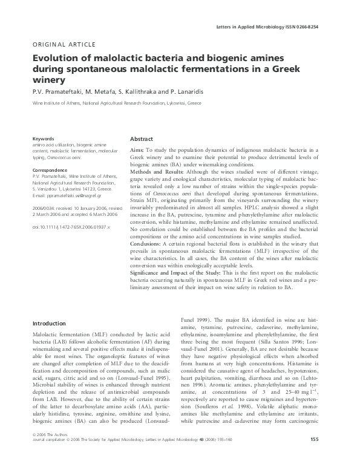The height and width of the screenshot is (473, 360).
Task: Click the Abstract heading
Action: (142, 139)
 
